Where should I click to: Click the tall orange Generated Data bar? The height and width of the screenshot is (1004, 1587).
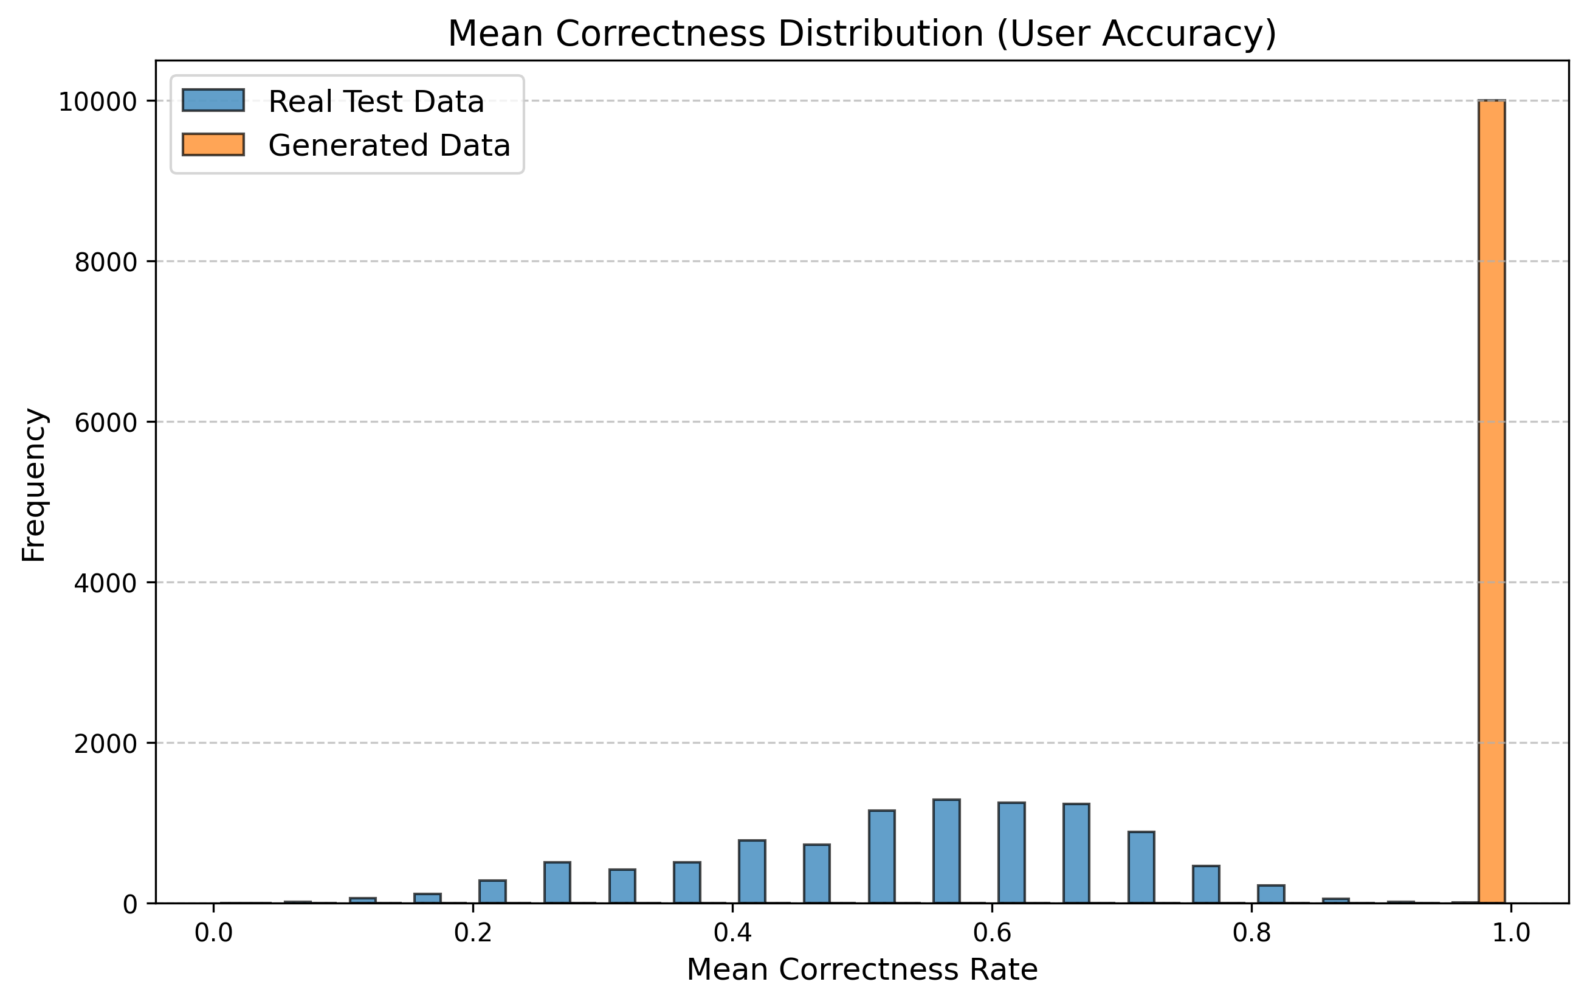click(x=1492, y=501)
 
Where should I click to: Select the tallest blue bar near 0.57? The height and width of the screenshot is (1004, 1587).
click(x=946, y=851)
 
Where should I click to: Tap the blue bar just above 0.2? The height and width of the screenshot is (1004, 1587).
click(x=492, y=891)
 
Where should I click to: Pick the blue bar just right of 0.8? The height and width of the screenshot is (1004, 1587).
click(x=1271, y=894)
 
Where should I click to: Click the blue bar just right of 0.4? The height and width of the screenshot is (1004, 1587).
click(x=752, y=871)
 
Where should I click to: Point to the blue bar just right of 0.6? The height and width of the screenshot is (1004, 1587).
click(x=1011, y=853)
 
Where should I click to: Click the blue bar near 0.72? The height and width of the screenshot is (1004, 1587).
click(x=1141, y=867)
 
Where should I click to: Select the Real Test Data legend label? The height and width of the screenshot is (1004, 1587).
click(x=376, y=102)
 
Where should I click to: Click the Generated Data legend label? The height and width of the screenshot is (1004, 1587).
click(x=389, y=146)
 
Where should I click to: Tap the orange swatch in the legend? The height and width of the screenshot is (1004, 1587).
click(x=213, y=145)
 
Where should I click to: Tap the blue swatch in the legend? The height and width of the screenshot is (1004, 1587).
click(x=213, y=101)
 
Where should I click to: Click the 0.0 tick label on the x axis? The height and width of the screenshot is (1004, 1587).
click(x=213, y=934)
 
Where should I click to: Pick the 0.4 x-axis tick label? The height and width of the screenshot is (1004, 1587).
click(x=732, y=934)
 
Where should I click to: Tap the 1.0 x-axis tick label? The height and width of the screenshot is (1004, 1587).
click(x=1510, y=934)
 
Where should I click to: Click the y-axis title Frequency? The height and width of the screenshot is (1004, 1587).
click(x=33, y=485)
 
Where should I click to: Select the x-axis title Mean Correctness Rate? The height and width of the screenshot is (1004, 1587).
click(x=862, y=971)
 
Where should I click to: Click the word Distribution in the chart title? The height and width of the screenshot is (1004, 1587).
click(x=881, y=34)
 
